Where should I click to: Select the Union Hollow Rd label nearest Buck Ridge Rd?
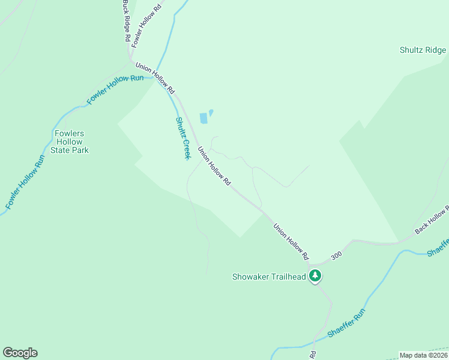155,78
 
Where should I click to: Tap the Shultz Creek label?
182,137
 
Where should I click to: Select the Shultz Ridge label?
423,50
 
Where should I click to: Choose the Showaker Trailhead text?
269,277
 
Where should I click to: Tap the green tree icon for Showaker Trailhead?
315,277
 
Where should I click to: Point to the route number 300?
336,255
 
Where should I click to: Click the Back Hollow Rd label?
432,220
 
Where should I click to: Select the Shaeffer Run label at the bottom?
346,323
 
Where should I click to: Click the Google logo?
20,353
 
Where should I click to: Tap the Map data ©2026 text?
424,355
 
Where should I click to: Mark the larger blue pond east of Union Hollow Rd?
203,118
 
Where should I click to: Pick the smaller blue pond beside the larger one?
211,112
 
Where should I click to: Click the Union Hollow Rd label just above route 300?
291,242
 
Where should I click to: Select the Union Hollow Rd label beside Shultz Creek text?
214,167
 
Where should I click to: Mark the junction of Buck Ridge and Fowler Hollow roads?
130,58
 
